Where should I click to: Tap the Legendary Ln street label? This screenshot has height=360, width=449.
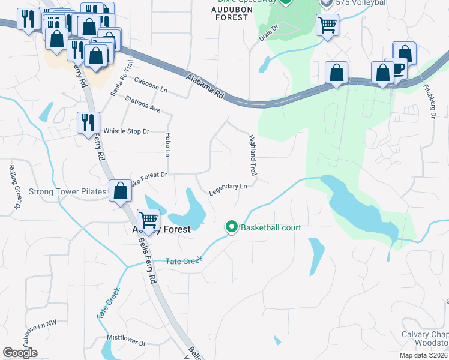228,190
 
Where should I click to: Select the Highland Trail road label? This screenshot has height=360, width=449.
253,155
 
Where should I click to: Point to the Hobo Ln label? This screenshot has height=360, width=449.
167,145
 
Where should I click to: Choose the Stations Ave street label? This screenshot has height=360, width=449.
143,103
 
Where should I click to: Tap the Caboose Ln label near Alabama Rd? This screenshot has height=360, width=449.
151,85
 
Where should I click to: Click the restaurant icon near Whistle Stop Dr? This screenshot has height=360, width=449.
88,123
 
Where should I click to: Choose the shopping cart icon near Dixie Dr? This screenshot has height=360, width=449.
328,25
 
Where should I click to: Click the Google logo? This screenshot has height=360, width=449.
20,352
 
